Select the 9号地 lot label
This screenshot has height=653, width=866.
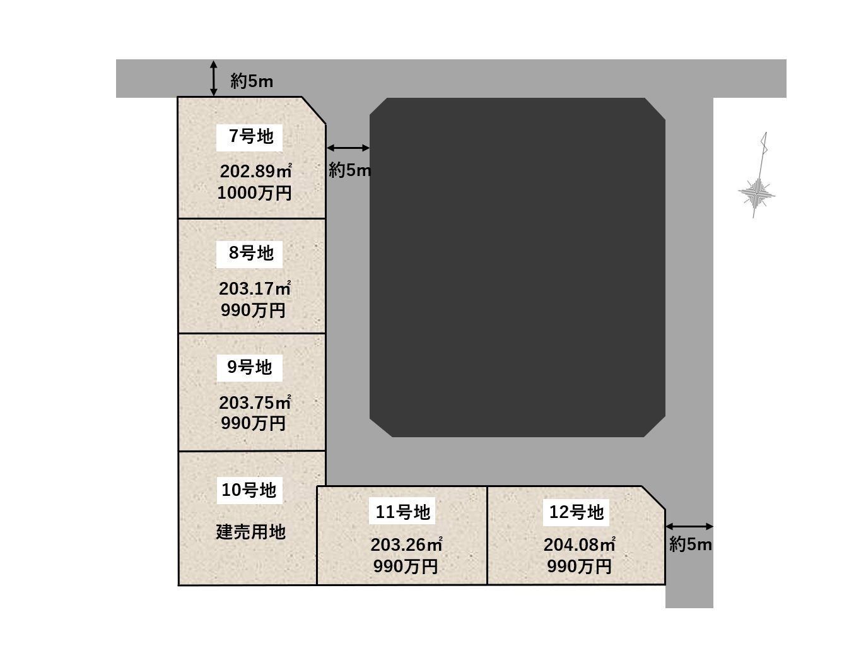pyautogui.click(x=249, y=367)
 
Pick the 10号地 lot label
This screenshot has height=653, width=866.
pyautogui.click(x=249, y=490)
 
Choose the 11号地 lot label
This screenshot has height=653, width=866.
pyautogui.click(x=402, y=512)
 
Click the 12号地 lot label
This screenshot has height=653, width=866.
pyautogui.click(x=576, y=512)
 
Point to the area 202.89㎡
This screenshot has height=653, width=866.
pyautogui.click(x=255, y=171)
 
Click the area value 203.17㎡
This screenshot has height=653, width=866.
pyautogui.click(x=255, y=288)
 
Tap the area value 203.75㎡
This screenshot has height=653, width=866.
pyautogui.click(x=255, y=403)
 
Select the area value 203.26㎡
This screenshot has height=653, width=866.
pyautogui.click(x=406, y=544)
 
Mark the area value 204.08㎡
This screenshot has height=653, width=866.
pyautogui.click(x=579, y=544)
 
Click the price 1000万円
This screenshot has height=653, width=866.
pyautogui.click(x=254, y=193)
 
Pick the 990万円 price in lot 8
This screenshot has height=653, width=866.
pyautogui.click(x=253, y=310)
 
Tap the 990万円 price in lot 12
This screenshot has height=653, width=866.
pyautogui.click(x=579, y=566)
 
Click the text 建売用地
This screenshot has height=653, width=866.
pyautogui.click(x=250, y=531)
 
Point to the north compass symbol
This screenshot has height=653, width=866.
pyautogui.click(x=756, y=175)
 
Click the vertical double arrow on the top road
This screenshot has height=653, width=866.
pyautogui.click(x=213, y=78)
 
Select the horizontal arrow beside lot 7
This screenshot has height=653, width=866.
pyautogui.click(x=348, y=148)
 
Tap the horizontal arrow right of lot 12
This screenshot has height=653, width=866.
pyautogui.click(x=689, y=526)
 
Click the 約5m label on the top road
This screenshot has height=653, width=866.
pyautogui.click(x=252, y=81)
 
